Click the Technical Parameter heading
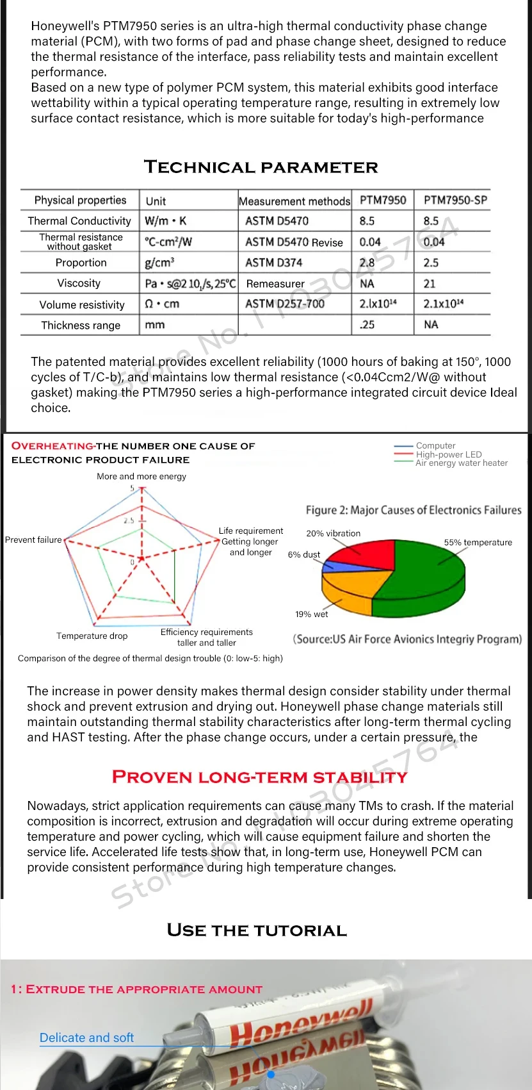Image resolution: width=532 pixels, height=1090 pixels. [261, 167]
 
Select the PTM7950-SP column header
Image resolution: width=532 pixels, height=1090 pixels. [455, 200]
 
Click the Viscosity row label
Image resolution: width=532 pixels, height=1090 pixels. [79, 283]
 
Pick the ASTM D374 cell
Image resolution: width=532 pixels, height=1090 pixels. [273, 263]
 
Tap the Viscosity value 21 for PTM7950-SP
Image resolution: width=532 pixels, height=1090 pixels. [429, 283]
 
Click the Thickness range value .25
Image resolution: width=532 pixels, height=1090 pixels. [367, 325]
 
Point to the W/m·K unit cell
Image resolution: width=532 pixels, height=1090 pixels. [165, 221]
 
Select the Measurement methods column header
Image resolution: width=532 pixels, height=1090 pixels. [294, 201]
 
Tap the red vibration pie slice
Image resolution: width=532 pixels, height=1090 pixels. [362, 555]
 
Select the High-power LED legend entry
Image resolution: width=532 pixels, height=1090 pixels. [448, 454]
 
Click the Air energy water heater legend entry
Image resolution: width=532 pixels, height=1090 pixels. [461, 463]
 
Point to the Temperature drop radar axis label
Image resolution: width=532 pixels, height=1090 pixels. [92, 636]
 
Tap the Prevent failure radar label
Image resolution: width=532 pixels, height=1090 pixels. [33, 540]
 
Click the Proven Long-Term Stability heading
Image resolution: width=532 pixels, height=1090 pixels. [259, 777]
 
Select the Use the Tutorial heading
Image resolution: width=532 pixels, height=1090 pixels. [257, 930]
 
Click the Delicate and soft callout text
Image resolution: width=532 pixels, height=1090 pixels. [86, 1037]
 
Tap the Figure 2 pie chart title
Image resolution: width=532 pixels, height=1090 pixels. [414, 510]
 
